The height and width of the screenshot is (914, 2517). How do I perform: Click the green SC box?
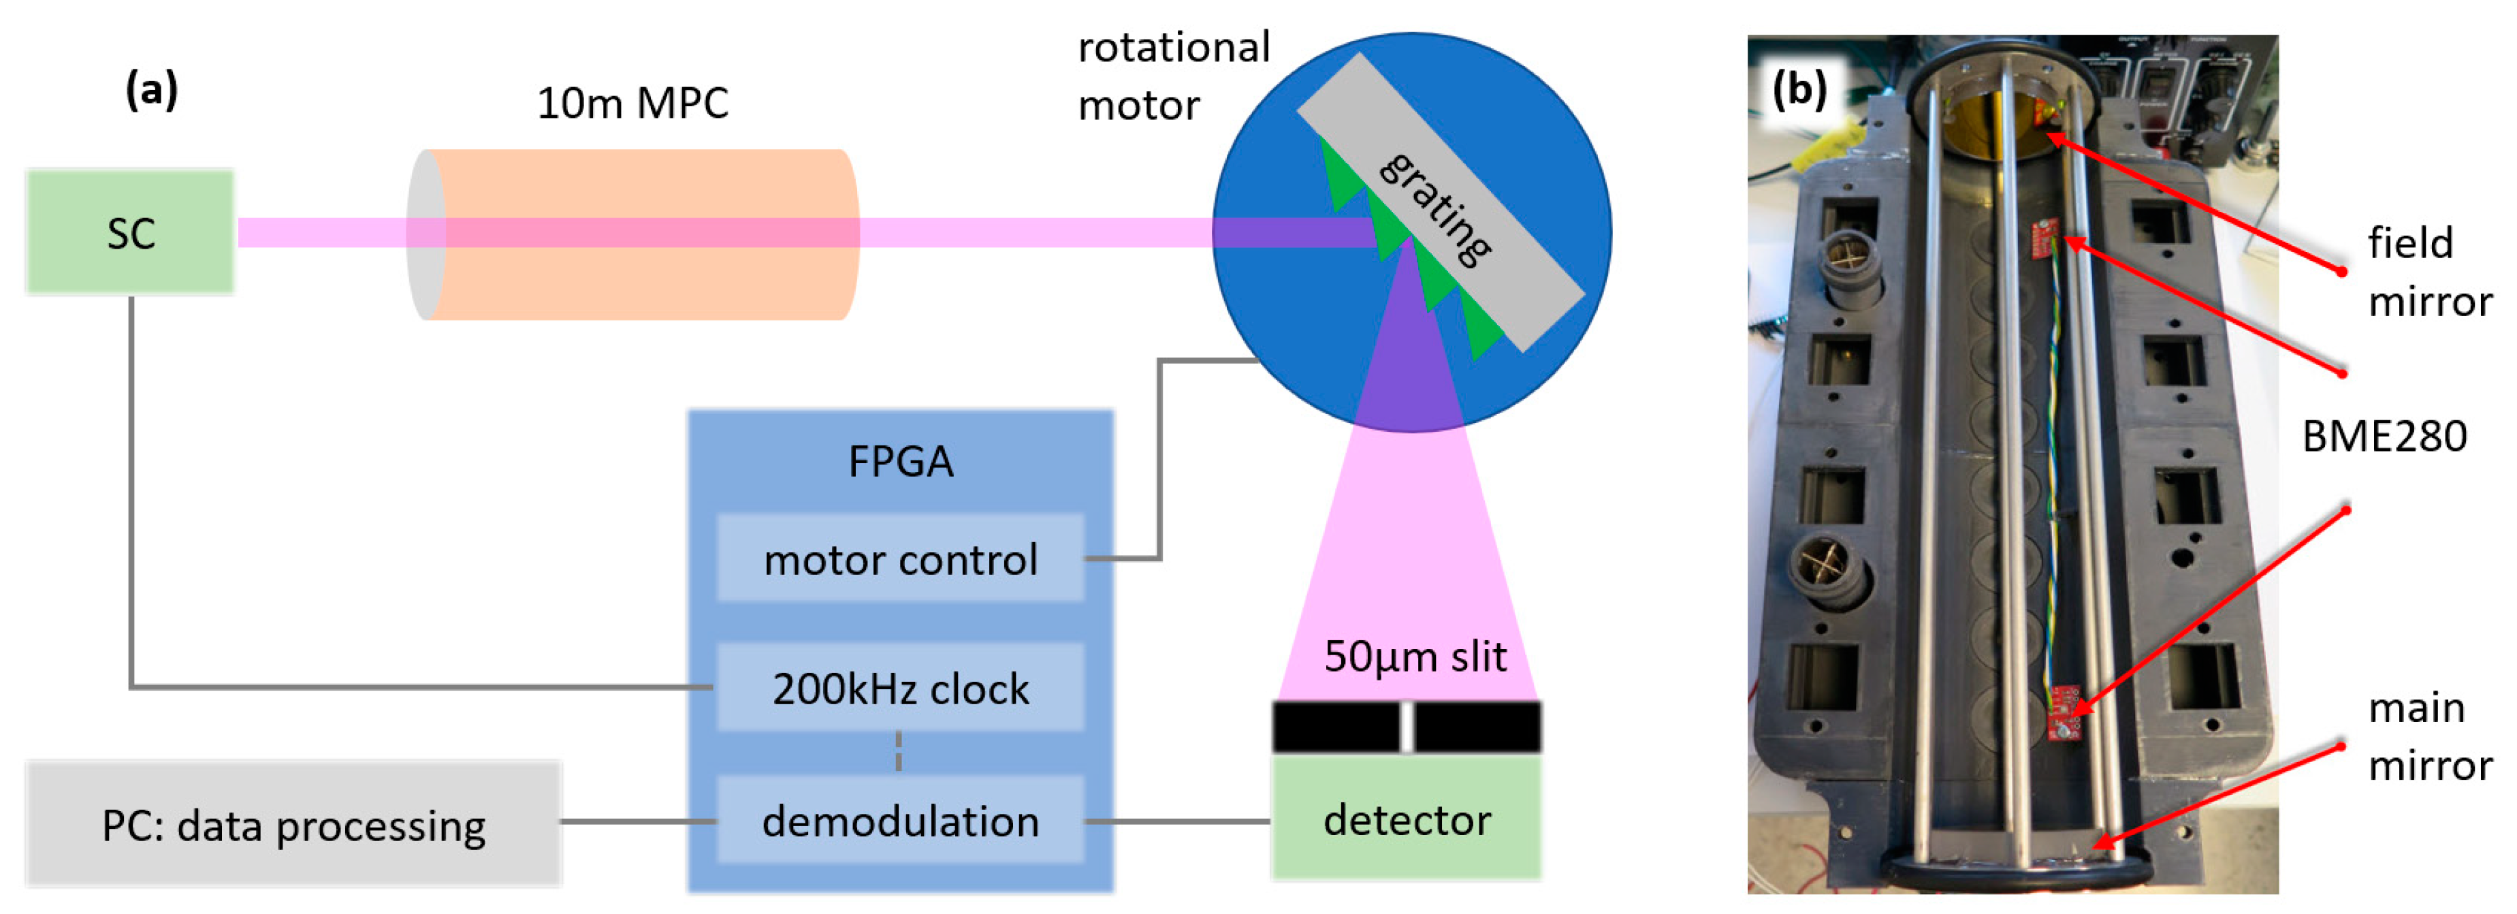(130, 233)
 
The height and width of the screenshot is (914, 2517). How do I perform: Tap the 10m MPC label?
(632, 104)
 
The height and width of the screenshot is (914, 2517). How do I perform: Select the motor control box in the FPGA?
(900, 559)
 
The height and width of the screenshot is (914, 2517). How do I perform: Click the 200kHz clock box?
(900, 688)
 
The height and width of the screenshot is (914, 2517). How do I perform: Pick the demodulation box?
(900, 820)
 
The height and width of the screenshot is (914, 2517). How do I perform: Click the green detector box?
(1406, 819)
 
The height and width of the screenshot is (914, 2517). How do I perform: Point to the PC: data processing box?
(293, 825)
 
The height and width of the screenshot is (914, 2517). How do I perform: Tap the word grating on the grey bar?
(1435, 209)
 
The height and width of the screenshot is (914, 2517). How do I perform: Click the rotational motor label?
(1172, 76)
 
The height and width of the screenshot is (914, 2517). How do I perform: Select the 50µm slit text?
(1414, 656)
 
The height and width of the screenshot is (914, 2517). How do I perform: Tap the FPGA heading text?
(900, 461)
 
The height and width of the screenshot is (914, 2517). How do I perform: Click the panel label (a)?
(151, 90)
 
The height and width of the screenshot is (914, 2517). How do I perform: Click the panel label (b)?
(1799, 90)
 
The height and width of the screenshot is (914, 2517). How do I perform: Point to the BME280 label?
(2384, 436)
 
